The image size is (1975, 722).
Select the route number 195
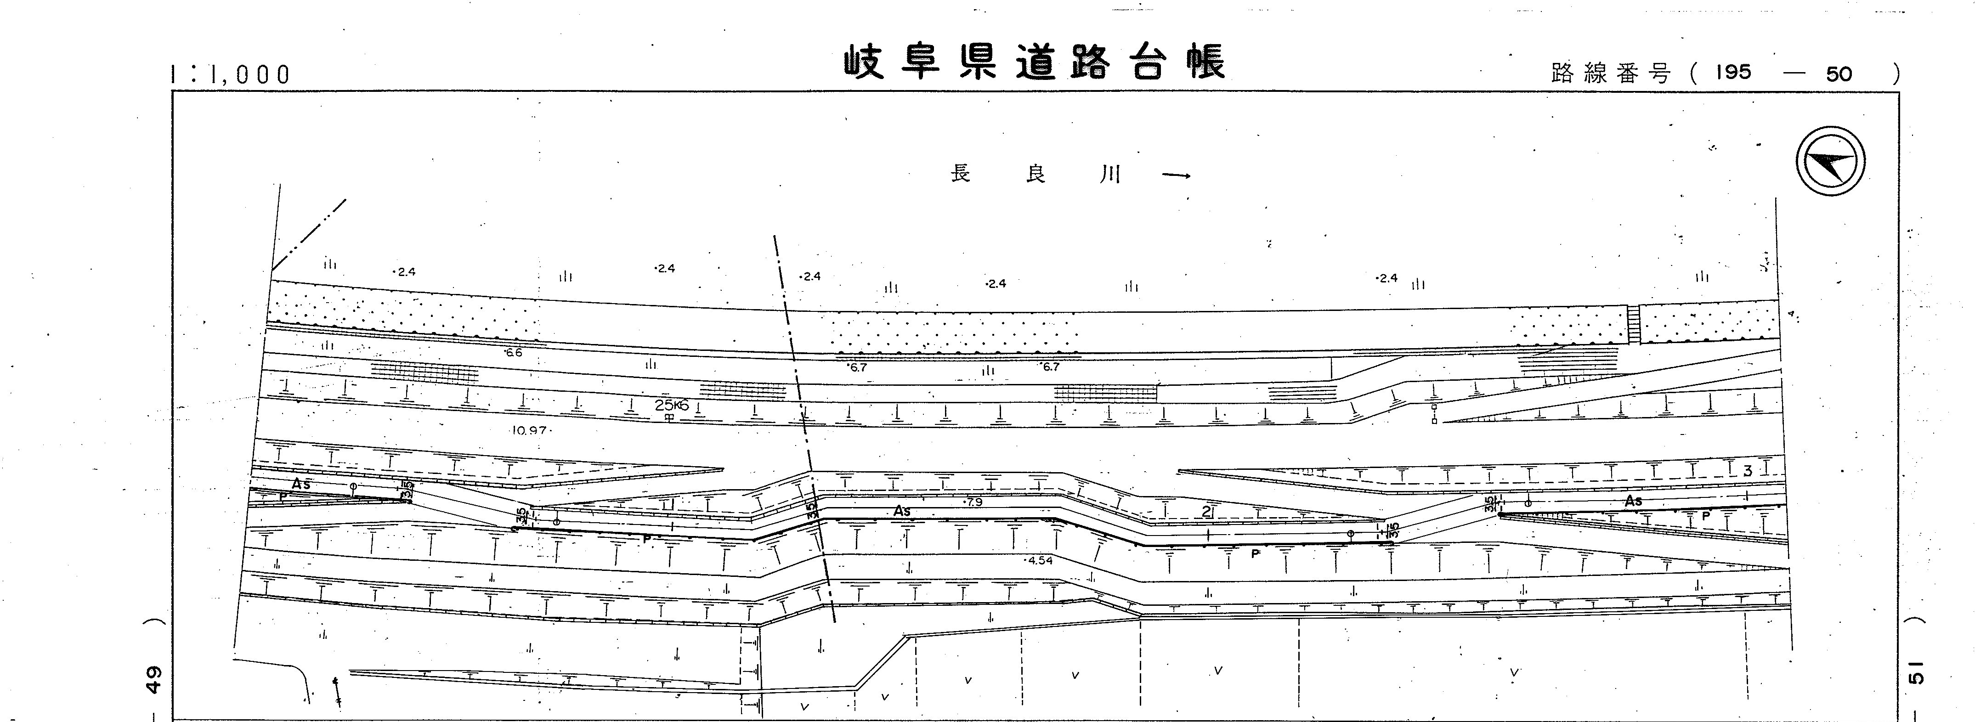tap(1733, 73)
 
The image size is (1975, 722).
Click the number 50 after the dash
tap(1839, 74)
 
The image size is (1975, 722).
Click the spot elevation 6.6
tap(513, 353)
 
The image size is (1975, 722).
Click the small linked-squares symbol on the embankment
tap(1434, 414)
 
